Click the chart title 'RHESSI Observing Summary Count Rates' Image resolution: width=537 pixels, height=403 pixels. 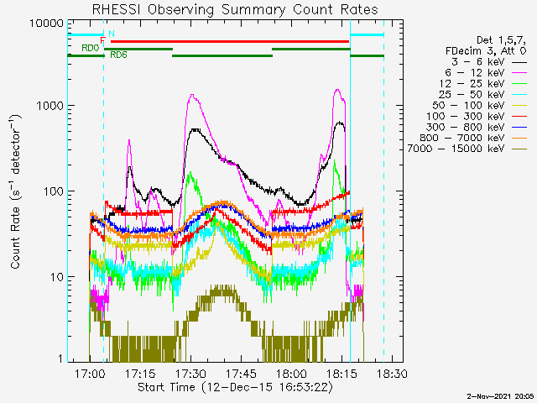(235, 9)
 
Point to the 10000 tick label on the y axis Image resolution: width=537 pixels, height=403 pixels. (46, 24)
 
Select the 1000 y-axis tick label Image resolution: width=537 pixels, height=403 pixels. (50, 106)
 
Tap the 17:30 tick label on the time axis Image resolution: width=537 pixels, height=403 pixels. (190, 373)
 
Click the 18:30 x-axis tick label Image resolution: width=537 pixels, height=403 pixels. (392, 373)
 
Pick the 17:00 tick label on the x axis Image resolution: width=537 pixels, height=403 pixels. (90, 373)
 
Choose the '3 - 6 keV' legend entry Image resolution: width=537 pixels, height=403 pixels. (488, 61)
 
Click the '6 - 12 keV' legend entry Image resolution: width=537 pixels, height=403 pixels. (486, 73)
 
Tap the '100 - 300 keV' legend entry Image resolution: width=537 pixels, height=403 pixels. (477, 116)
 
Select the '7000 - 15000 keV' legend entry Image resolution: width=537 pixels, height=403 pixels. (467, 149)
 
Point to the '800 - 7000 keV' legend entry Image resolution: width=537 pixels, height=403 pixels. (473, 138)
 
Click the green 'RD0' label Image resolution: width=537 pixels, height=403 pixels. (90, 48)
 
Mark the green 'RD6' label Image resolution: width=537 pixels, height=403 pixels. (118, 55)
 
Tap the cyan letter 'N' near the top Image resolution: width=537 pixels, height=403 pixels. (112, 34)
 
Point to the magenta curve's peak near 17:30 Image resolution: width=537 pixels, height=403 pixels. (192, 95)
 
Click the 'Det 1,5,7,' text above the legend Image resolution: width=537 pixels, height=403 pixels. (501, 40)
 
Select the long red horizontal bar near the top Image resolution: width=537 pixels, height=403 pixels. (230, 42)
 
